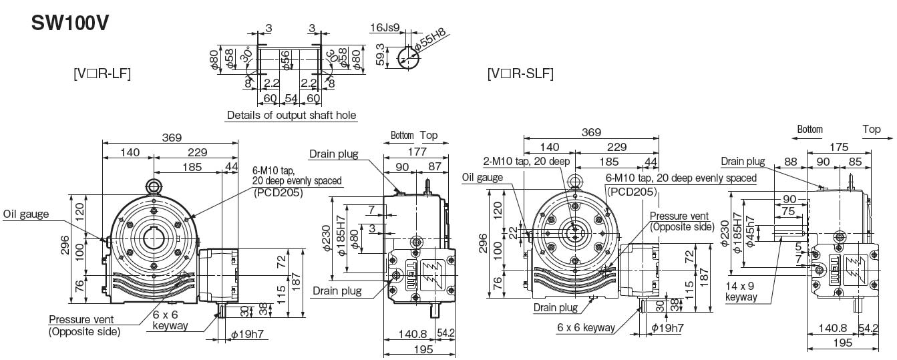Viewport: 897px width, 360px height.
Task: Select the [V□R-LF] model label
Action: click(102, 73)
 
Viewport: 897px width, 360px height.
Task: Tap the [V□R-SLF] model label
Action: click(520, 73)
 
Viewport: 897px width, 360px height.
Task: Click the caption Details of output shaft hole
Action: click(291, 116)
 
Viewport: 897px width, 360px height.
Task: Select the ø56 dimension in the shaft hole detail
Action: click(286, 60)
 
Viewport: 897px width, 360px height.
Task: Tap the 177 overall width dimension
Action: click(417, 152)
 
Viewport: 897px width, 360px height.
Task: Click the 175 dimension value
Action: click(839, 147)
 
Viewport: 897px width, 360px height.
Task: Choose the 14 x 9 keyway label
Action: click(741, 292)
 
